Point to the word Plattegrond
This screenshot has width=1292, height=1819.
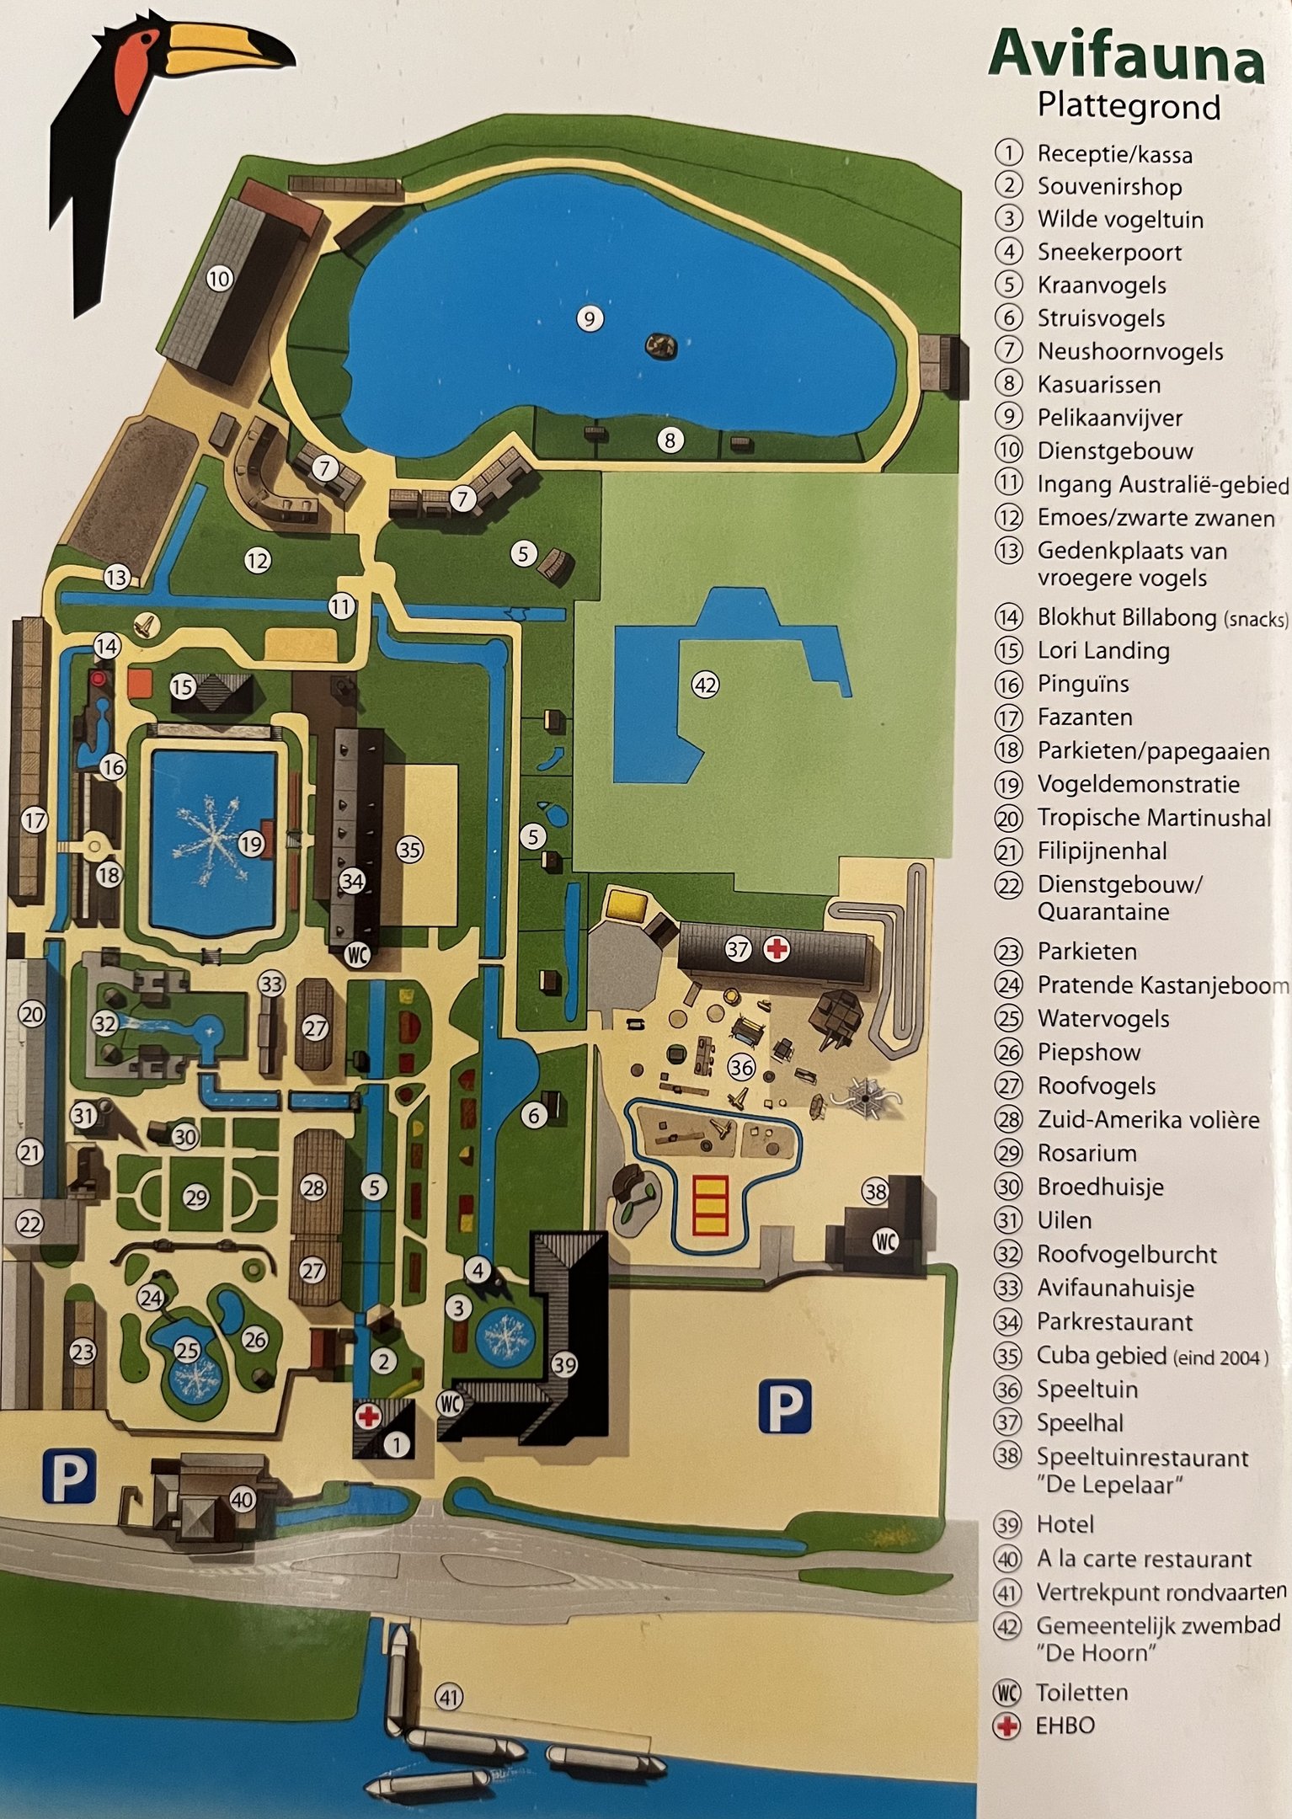click(1129, 107)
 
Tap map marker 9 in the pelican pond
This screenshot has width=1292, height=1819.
click(590, 318)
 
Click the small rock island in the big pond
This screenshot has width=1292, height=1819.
click(661, 345)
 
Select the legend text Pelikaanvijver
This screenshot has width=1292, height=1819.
click(1109, 418)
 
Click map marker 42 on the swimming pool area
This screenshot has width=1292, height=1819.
click(705, 685)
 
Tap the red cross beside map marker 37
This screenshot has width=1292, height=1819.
click(776, 950)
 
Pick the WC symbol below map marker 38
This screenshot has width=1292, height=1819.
click(885, 1240)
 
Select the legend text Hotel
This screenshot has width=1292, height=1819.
click(1065, 1524)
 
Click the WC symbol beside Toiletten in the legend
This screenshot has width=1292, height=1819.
click(1007, 1693)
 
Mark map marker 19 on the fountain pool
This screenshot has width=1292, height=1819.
click(251, 843)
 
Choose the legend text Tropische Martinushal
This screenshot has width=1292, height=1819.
click(1154, 818)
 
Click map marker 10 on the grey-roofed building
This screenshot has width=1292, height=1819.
click(219, 278)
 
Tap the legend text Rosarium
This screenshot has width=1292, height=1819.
click(1086, 1153)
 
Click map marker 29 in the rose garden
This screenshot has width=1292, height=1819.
click(196, 1198)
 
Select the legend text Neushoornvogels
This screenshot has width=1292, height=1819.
click(1130, 351)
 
